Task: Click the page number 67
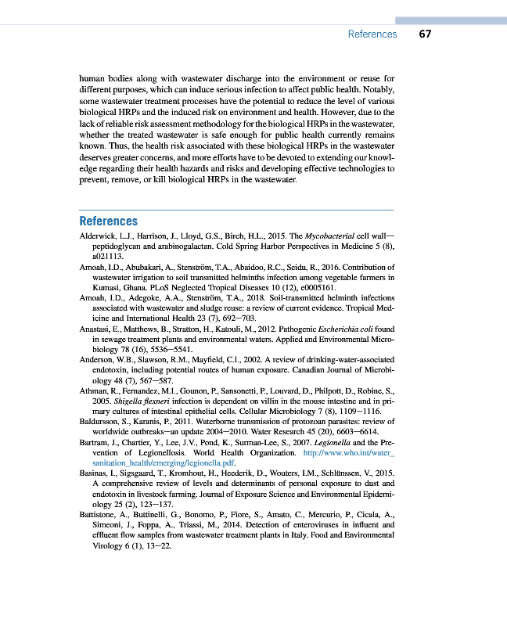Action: (425, 34)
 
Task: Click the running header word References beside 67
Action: (372, 34)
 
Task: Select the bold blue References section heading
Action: (109, 221)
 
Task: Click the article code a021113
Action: (108, 256)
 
